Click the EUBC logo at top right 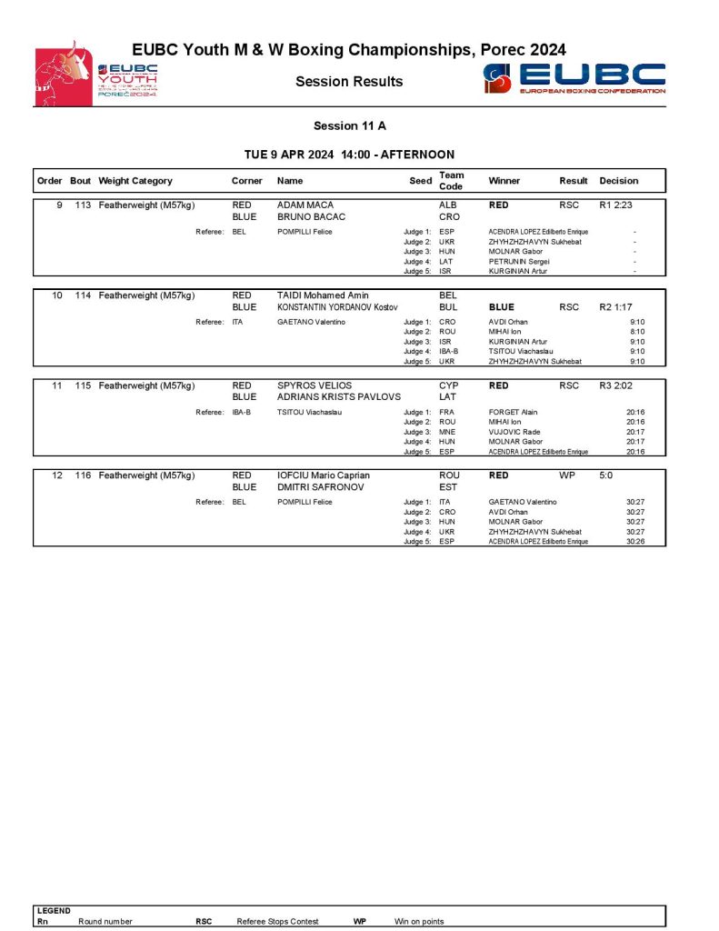(574, 78)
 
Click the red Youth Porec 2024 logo (95, 74)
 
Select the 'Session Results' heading (349, 82)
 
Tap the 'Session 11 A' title (350, 126)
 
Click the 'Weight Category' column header (135, 181)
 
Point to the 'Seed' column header (420, 181)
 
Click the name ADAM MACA (305, 205)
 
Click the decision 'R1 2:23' (615, 205)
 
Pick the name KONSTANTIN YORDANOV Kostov (337, 307)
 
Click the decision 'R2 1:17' (615, 307)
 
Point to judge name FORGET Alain (514, 412)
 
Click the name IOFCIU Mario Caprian (323, 476)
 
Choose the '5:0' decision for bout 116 (606, 476)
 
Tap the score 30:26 (635, 542)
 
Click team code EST (448, 487)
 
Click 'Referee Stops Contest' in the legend (277, 921)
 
